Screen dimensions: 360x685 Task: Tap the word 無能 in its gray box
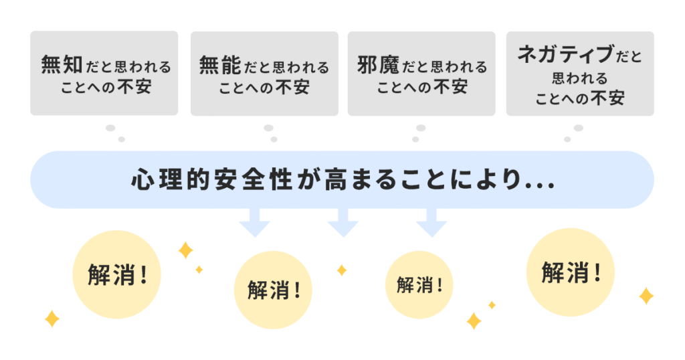click(x=220, y=66)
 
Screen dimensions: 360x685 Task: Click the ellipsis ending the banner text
click(x=541, y=184)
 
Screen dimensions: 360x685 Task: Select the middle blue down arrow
click(x=343, y=222)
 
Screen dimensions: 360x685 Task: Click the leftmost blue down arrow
click(x=254, y=222)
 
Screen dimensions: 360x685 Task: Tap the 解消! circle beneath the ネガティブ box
click(x=570, y=272)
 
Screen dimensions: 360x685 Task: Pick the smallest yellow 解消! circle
click(x=419, y=284)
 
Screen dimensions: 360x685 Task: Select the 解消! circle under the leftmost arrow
click(x=273, y=290)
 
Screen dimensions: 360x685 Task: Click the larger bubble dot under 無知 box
click(x=110, y=128)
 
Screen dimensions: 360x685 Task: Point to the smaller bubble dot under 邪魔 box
click(x=415, y=139)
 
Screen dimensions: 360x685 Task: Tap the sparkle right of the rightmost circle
click(x=646, y=296)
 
